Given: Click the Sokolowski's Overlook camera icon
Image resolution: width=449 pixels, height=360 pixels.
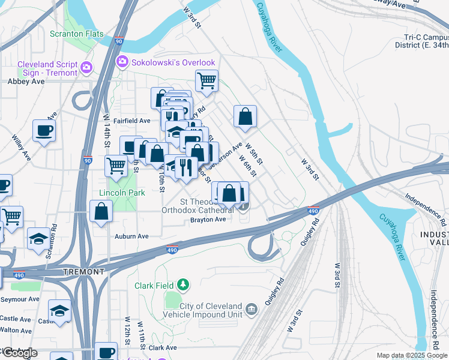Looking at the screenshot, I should coord(123,61).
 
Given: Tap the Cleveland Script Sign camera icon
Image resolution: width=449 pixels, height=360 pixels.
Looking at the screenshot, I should coord(87,67).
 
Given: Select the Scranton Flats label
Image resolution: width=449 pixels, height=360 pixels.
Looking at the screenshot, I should coord(76,34).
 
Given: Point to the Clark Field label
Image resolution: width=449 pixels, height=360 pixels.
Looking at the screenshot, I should coord(159,285).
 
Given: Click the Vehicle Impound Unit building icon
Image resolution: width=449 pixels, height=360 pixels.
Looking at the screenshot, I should coord(252,310).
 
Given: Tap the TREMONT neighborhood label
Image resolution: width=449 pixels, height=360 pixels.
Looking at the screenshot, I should coord(83,272).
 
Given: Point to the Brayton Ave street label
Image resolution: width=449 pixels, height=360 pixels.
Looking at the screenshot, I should coord(208,219).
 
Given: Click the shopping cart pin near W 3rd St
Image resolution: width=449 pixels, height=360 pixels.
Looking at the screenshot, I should coord(206,80).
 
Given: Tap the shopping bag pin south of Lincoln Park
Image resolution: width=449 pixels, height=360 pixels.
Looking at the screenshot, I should coord(101,211).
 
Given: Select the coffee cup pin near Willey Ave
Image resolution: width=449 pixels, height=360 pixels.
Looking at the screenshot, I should coord(44,130).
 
